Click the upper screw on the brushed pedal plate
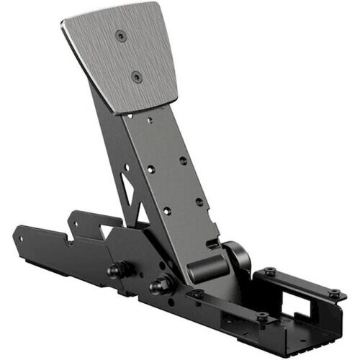120,33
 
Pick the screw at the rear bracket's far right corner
334,293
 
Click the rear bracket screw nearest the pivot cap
269,271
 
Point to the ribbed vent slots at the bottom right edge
317,338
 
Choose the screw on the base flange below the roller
196,294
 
